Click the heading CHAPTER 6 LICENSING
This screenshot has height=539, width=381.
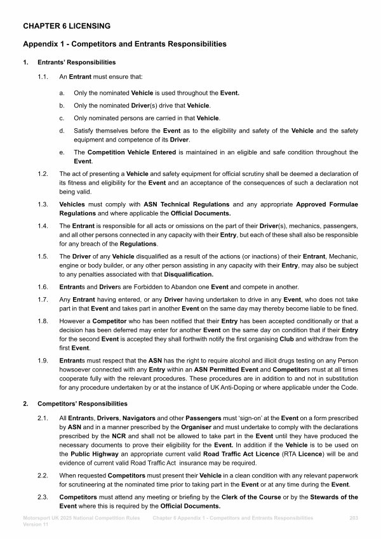pyautogui.click(x=67, y=26)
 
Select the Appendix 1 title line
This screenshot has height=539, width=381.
pyautogui.click(x=124, y=44)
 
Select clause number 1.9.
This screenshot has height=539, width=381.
pyautogui.click(x=43, y=361)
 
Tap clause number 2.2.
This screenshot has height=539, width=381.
pyautogui.click(x=43, y=475)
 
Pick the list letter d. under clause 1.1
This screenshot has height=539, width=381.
pyautogui.click(x=61, y=131)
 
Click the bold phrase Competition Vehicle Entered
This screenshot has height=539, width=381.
pyautogui.click(x=133, y=152)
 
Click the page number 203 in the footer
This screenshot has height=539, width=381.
pyautogui.click(x=354, y=519)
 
